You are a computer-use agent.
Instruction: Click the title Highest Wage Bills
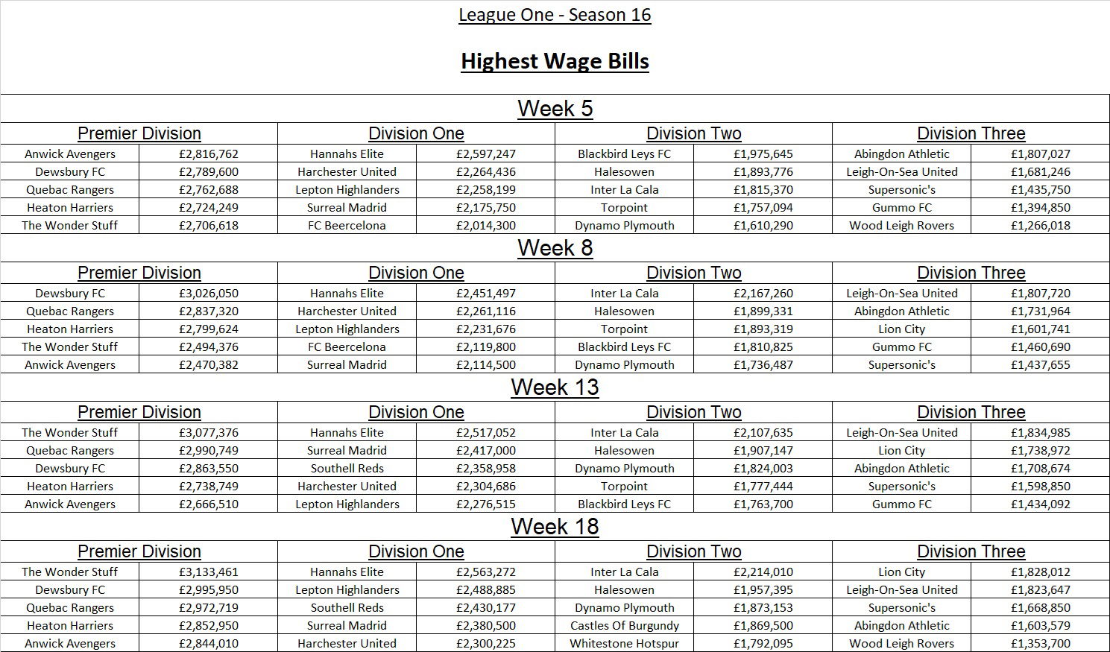(555, 61)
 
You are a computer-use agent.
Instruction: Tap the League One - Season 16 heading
(555, 15)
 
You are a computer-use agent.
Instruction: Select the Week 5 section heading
(555, 109)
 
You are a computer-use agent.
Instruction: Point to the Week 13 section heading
(555, 387)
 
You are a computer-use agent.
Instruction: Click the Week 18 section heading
(555, 527)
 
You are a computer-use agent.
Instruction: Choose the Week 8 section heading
(555, 248)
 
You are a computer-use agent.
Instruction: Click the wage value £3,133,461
(209, 572)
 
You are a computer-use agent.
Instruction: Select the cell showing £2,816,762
(209, 154)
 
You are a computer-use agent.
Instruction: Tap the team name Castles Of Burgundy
(625, 626)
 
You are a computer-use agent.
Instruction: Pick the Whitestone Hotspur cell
(625, 644)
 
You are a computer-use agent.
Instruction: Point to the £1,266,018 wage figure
(1041, 226)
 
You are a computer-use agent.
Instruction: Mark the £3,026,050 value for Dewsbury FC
(209, 294)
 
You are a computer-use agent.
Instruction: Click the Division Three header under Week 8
(971, 273)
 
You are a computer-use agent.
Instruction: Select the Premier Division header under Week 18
(139, 551)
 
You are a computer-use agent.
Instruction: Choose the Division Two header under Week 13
(693, 412)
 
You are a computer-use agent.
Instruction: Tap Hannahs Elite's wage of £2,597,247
(486, 154)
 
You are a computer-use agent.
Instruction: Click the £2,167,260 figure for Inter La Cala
(763, 294)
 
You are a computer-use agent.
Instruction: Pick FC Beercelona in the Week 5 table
(347, 226)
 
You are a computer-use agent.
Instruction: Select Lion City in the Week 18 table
(901, 572)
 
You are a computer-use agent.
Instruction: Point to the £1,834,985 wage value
(1041, 433)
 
